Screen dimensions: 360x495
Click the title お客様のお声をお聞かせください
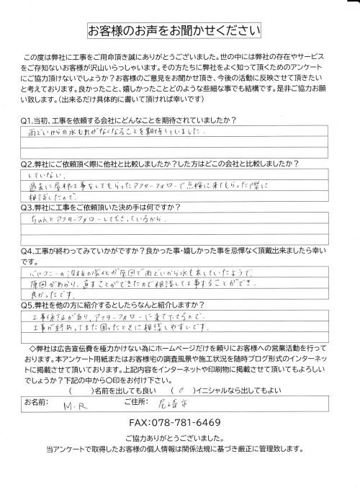[180, 32]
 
